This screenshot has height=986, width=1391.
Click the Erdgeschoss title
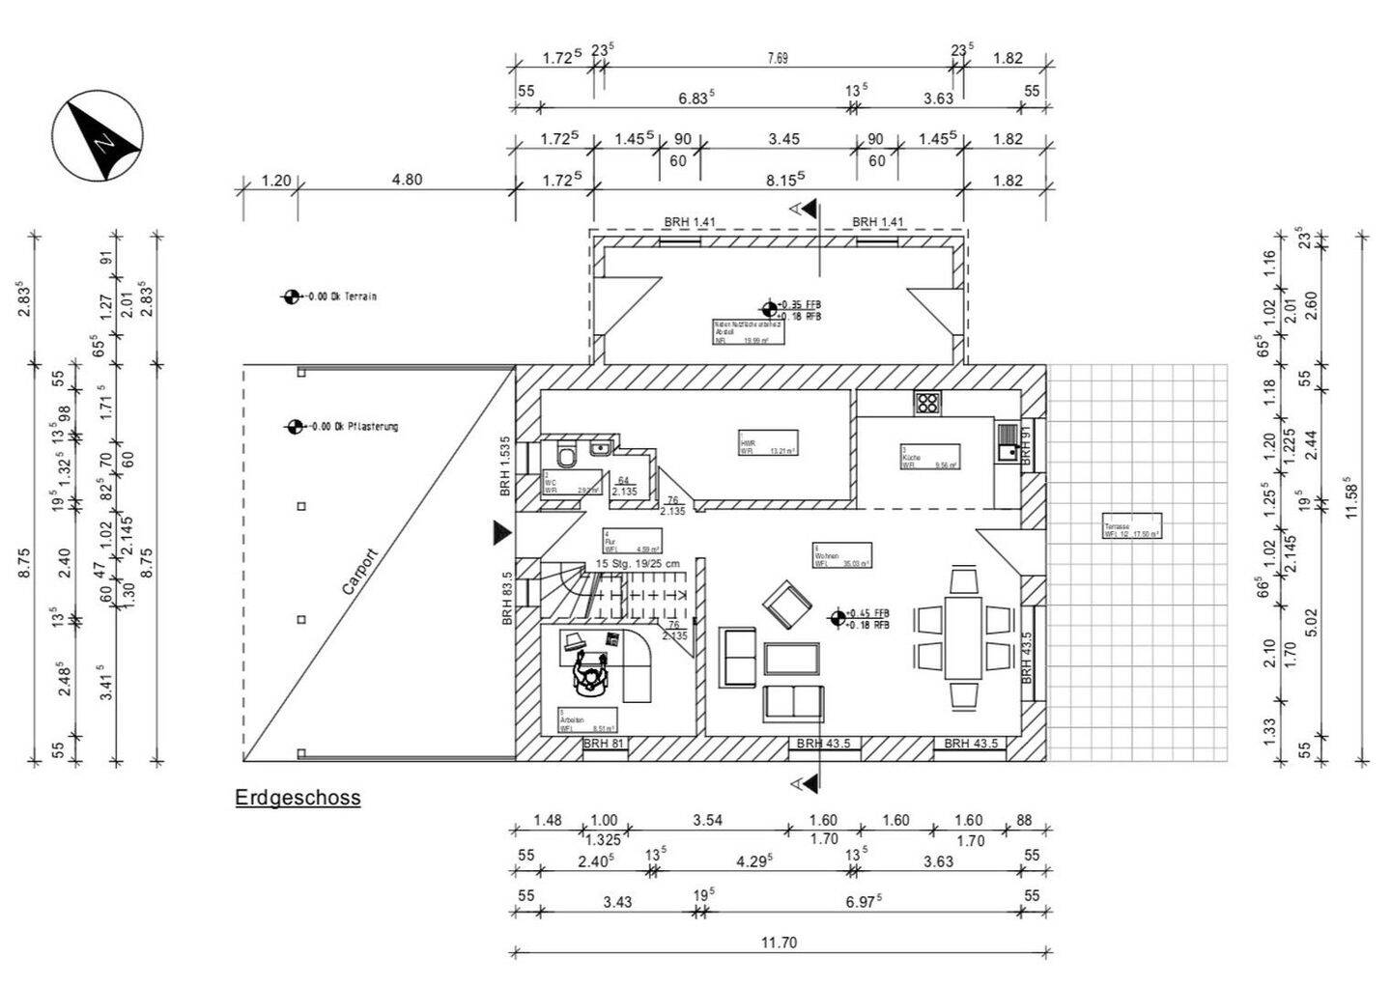click(x=298, y=798)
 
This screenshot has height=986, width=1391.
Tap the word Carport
click(x=359, y=572)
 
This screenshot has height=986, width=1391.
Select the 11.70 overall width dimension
click(x=779, y=943)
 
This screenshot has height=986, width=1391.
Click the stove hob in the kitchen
click(x=927, y=403)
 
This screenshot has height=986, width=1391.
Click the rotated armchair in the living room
click(x=786, y=604)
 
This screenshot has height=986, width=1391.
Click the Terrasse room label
click(x=1131, y=526)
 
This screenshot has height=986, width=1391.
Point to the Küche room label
click(x=930, y=457)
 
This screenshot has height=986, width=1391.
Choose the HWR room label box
click(x=768, y=442)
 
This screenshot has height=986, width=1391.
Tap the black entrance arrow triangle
click(x=500, y=531)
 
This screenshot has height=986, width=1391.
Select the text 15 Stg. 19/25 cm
click(x=637, y=564)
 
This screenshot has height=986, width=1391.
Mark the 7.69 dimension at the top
click(x=778, y=58)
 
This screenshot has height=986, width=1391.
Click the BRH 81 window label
click(x=604, y=744)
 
